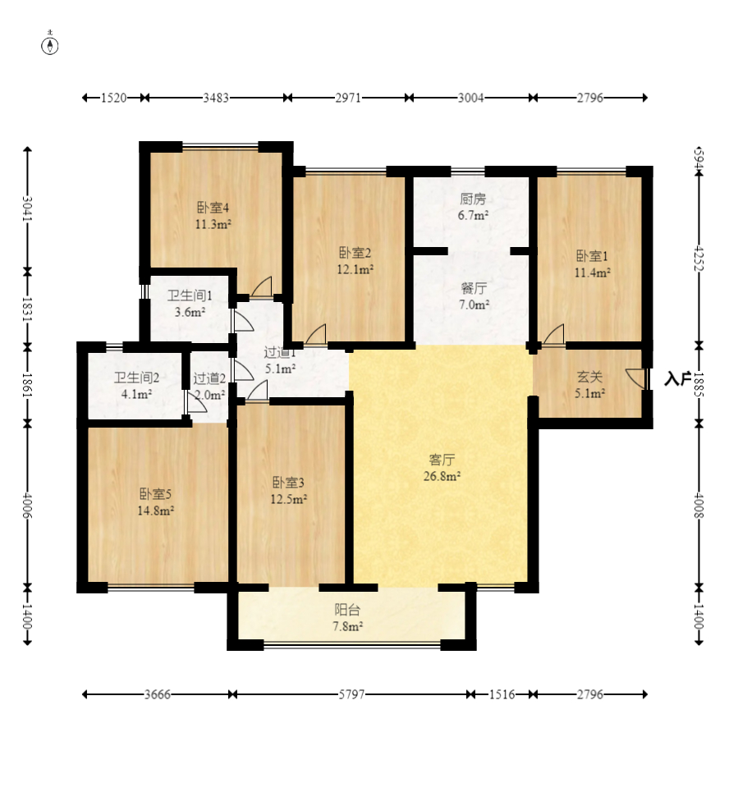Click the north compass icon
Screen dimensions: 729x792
click(49, 44)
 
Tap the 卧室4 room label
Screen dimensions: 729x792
click(213, 208)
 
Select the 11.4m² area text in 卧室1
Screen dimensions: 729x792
click(592, 272)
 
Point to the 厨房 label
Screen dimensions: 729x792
click(473, 199)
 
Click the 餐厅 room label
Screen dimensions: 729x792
click(474, 288)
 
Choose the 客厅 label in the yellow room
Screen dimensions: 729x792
click(442, 460)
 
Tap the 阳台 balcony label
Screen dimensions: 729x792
click(347, 610)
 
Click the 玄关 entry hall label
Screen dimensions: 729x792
click(589, 377)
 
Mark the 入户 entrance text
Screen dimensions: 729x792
click(677, 378)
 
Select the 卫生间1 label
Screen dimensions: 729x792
click(190, 296)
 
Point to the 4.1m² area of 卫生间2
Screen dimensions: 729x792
click(137, 394)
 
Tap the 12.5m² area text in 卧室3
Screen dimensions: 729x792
click(289, 499)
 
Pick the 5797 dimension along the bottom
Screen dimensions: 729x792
click(351, 694)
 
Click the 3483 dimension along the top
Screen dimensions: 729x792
click(216, 98)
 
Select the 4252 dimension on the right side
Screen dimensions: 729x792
click(699, 259)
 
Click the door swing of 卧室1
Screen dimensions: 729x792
click(553, 335)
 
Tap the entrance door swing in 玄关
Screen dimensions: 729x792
click(635, 378)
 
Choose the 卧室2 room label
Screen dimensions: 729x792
click(355, 253)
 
